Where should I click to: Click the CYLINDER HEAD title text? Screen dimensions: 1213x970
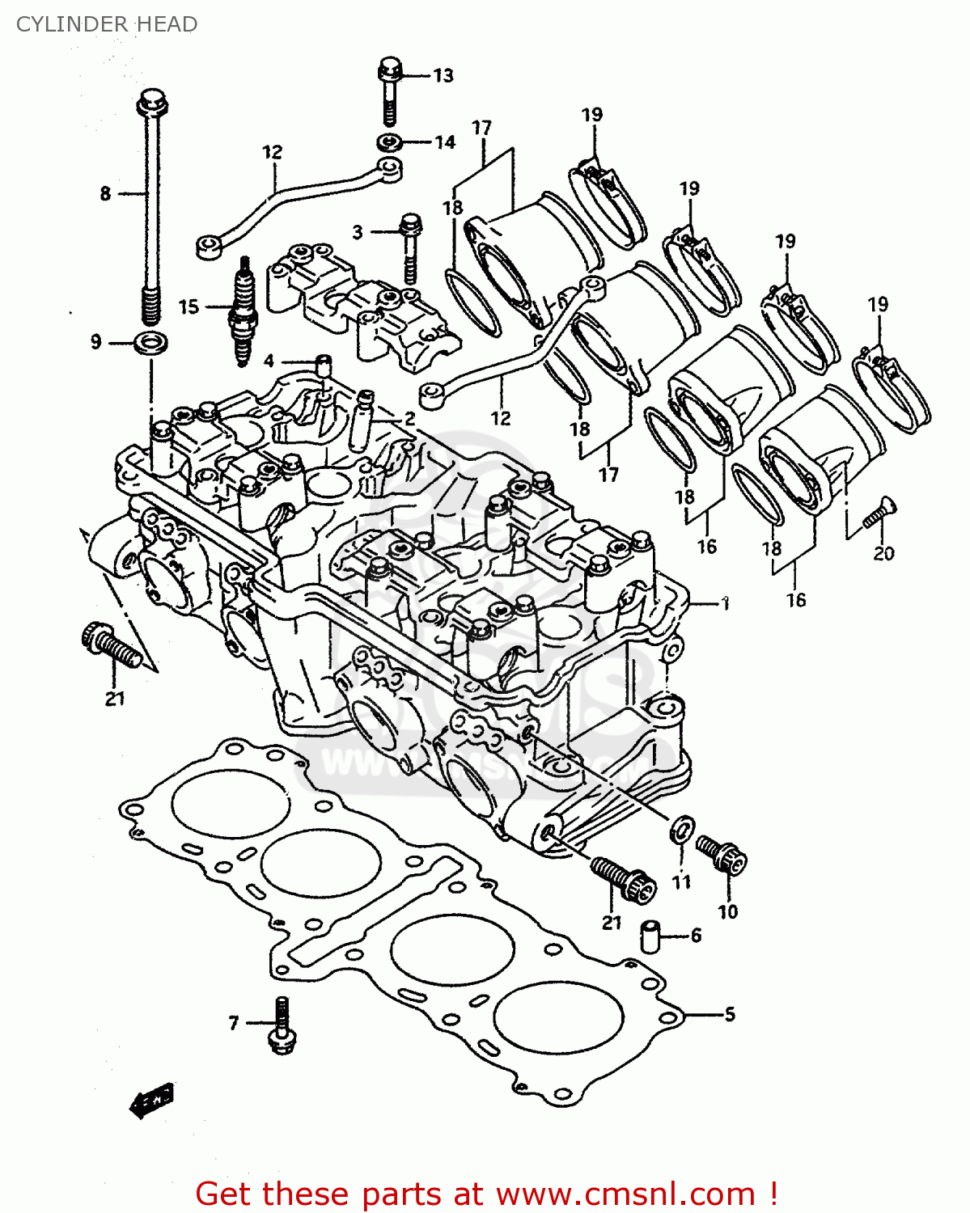106,24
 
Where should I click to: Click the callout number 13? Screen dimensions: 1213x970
443,76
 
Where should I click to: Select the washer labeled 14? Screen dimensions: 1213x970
390,143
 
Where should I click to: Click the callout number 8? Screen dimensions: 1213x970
105,194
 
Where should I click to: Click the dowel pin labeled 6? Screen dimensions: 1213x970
651,936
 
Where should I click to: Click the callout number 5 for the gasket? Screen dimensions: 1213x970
730,1014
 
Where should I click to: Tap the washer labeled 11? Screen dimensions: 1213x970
682,828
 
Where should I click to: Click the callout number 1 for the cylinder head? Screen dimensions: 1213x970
726,603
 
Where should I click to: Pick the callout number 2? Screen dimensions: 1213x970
410,418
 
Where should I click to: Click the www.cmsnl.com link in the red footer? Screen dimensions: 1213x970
625,1194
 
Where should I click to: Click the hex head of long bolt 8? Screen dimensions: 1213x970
152,103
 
